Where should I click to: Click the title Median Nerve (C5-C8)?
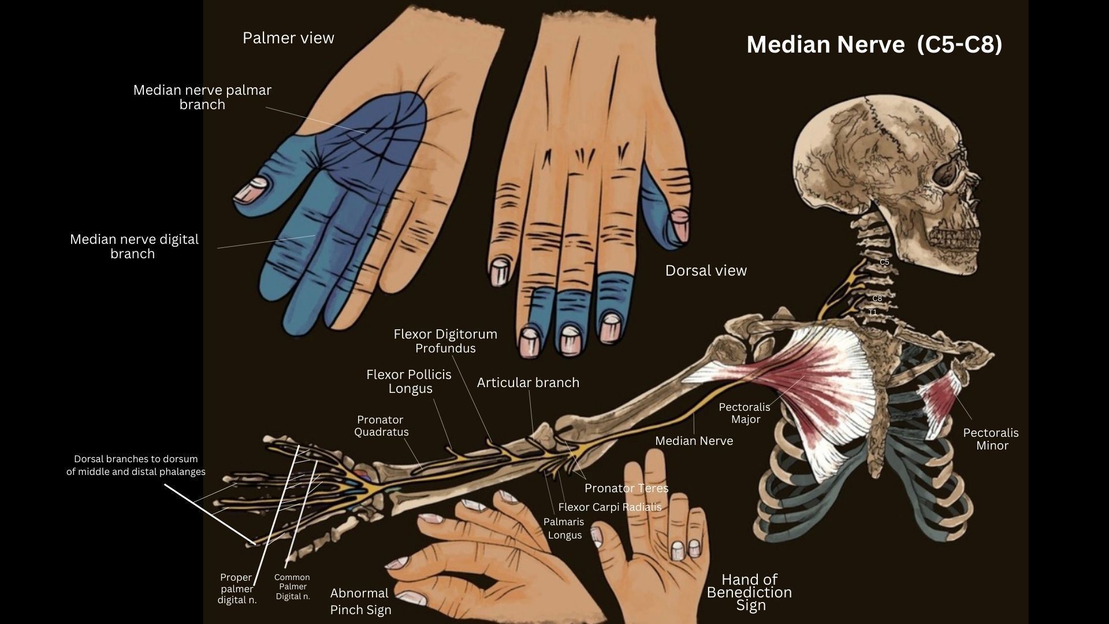[874, 44]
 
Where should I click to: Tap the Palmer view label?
[288, 38]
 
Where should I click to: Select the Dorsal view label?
[706, 270]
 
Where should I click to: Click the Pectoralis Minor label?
[991, 439]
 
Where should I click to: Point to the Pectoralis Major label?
[745, 413]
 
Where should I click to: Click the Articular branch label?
[528, 382]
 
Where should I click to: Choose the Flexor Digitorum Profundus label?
[445, 341]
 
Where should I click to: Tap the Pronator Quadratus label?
[381, 426]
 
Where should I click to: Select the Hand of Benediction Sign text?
[749, 592]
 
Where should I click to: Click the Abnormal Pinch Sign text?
[360, 601]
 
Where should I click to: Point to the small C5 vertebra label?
[884, 262]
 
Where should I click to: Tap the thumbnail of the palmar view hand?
[253, 190]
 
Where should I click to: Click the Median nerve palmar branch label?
[202, 97]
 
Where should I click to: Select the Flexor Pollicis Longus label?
[409, 381]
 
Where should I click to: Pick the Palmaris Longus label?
[564, 528]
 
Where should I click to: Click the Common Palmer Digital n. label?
[292, 586]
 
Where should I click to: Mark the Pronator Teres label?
[626, 488]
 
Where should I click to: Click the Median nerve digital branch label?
[134, 246]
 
